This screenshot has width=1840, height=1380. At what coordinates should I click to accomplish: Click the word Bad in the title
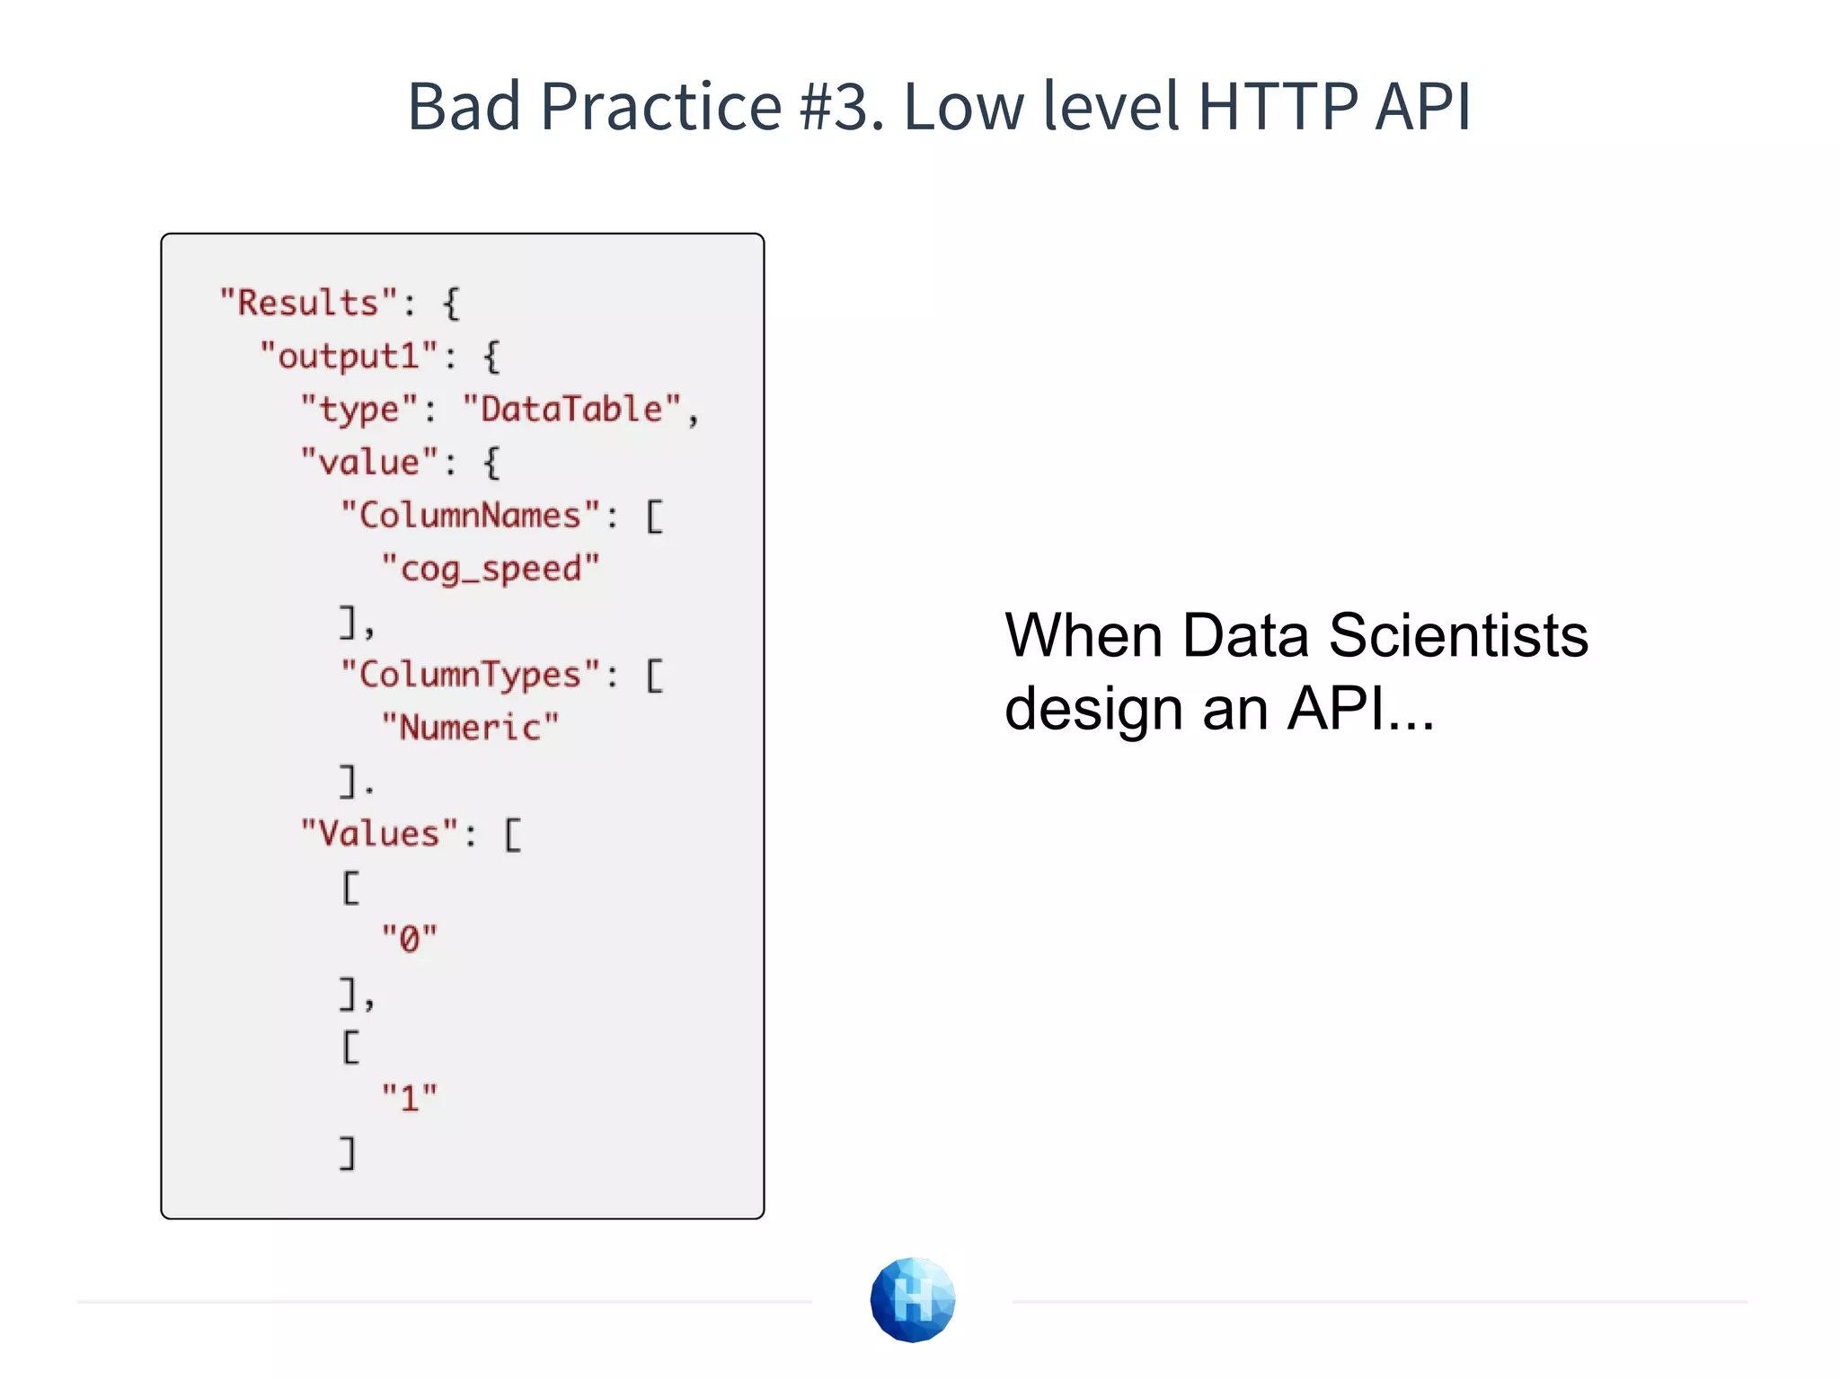pos(464,106)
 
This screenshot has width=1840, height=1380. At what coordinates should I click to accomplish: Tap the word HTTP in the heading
pos(1278,106)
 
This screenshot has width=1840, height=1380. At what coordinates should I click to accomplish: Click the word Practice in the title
pos(661,106)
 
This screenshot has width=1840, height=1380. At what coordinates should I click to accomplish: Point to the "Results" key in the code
pos(308,303)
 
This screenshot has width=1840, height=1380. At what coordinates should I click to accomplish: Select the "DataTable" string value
pos(572,409)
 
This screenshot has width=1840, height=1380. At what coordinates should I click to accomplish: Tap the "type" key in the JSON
pos(359,409)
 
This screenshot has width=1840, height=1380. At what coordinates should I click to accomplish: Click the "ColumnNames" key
pos(470,516)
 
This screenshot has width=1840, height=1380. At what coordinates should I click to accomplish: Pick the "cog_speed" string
pos(491,569)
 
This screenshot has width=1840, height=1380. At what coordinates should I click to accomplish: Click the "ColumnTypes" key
pos(470,675)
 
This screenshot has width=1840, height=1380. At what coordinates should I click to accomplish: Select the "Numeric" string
pos(470,728)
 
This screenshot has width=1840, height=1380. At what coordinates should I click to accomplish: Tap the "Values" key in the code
pos(379,834)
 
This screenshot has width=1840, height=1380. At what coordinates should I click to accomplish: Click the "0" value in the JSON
pos(410,939)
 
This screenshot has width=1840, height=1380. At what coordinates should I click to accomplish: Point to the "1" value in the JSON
pos(410,1098)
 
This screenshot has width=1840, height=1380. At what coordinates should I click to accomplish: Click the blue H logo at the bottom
pos(913,1299)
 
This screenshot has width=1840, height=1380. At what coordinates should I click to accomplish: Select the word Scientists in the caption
pos(1458,635)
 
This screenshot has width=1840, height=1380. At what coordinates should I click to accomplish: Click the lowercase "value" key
pos(369,463)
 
